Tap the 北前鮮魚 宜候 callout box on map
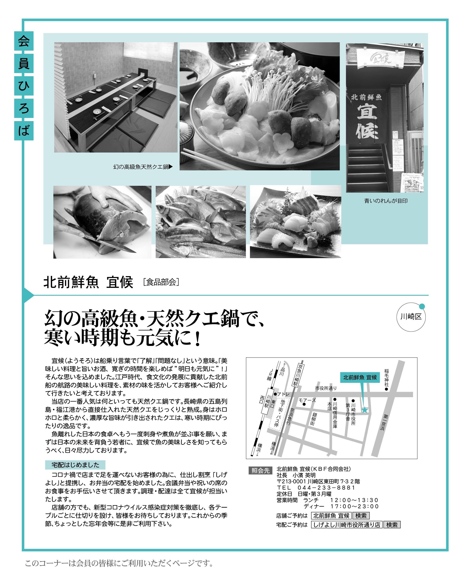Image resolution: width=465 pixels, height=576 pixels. (360, 377)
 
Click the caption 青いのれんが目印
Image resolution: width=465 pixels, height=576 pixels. (386, 201)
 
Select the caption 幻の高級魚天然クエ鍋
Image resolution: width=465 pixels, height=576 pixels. (141, 167)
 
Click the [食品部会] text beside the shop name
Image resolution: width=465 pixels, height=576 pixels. (161, 282)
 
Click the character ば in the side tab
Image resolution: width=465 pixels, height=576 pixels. (24, 130)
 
